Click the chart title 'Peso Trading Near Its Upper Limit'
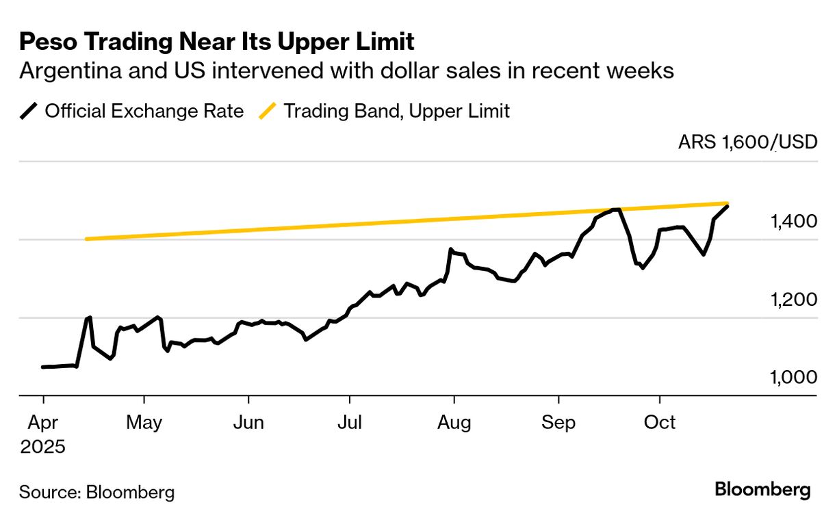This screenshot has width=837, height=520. (x=217, y=42)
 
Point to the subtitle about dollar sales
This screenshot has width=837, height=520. (x=347, y=71)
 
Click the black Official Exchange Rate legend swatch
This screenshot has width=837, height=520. (x=29, y=111)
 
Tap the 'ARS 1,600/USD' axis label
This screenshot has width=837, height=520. (x=748, y=142)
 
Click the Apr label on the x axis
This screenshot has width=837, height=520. (x=42, y=423)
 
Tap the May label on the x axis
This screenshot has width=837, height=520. (x=144, y=423)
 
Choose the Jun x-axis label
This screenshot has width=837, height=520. (x=248, y=423)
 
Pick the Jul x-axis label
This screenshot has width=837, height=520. (x=350, y=423)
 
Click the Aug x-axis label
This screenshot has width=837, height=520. (x=454, y=423)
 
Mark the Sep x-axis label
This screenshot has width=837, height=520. (x=558, y=423)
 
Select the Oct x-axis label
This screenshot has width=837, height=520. (x=660, y=423)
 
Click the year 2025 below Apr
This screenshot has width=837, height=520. (x=42, y=447)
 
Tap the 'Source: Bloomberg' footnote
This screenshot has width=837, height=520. (x=96, y=492)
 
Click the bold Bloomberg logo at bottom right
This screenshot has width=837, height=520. (x=762, y=491)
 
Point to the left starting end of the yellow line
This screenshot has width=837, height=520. (x=86, y=239)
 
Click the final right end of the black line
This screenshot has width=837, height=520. (x=727, y=206)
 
